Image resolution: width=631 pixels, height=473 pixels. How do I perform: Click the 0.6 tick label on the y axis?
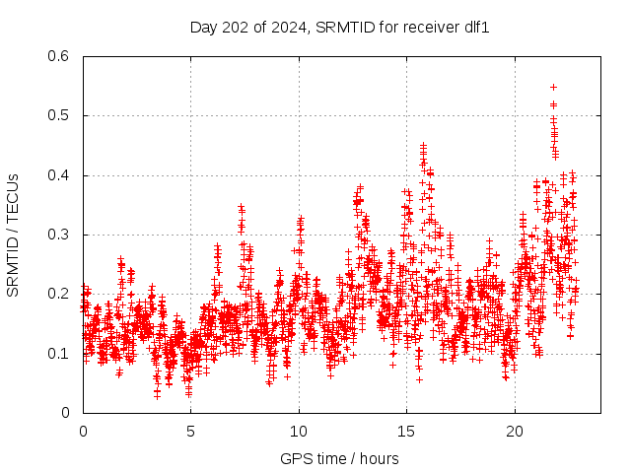(x=60, y=56)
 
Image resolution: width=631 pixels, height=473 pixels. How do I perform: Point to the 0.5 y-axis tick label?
(x=60, y=115)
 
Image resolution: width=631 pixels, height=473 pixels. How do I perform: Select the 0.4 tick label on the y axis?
(x=60, y=175)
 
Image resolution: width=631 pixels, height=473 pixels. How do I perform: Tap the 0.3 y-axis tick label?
(x=60, y=235)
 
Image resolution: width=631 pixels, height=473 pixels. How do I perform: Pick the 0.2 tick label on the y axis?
(x=60, y=294)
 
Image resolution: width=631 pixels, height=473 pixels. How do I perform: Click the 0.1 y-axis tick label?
(x=60, y=353)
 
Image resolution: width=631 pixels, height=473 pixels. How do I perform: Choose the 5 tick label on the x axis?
(x=190, y=431)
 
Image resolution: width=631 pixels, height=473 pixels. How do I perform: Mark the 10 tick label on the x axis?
(x=299, y=431)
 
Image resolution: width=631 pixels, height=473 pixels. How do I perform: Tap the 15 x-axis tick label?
(x=406, y=431)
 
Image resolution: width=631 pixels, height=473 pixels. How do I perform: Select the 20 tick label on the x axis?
(x=514, y=431)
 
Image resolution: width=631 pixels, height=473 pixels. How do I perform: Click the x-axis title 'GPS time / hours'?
(x=339, y=458)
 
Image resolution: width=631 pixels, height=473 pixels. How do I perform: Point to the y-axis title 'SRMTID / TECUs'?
(x=13, y=235)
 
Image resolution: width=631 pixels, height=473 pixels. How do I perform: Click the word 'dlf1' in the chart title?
(x=475, y=27)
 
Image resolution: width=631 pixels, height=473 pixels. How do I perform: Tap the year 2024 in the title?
(x=289, y=27)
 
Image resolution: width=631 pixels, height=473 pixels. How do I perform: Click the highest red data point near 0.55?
(x=553, y=87)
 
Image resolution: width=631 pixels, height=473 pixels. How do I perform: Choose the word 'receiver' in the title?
(x=426, y=27)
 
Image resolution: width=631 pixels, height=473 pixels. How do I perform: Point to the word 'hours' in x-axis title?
(x=379, y=458)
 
